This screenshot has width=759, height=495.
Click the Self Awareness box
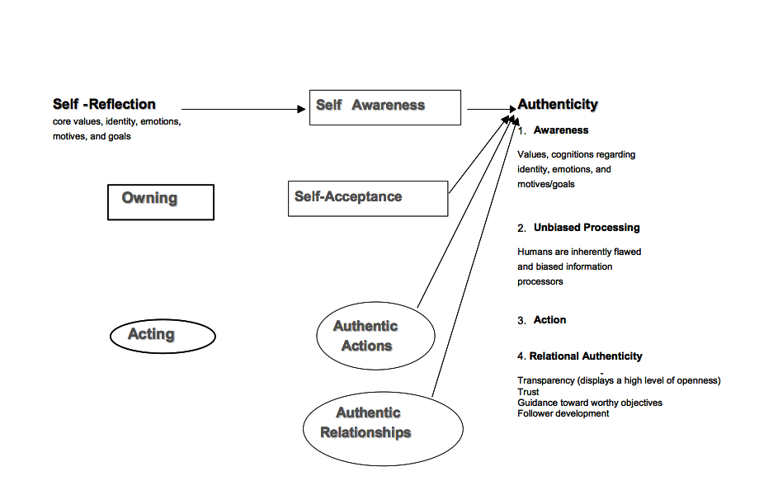pos(384,107)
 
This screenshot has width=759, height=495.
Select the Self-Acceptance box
pos(367,198)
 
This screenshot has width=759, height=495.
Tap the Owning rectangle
pos(160,201)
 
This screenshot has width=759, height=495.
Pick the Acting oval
pos(162,335)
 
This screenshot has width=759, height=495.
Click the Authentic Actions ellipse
pos(375,337)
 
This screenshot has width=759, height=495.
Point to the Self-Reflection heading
pos(104,105)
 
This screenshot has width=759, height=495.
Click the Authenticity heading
pos(558,105)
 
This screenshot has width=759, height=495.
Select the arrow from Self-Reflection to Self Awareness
pos(243,109)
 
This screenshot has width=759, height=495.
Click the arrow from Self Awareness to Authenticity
pos(488,109)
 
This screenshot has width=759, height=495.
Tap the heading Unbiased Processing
pos(587,228)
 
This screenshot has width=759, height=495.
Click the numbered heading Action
pos(549,320)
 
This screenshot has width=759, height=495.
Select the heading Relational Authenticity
pos(586,356)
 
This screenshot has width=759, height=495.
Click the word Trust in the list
pos(528,393)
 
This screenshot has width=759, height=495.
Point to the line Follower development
pos(563,413)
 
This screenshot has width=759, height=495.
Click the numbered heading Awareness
pos(561,130)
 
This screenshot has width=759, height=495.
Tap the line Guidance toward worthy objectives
pos(589,403)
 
